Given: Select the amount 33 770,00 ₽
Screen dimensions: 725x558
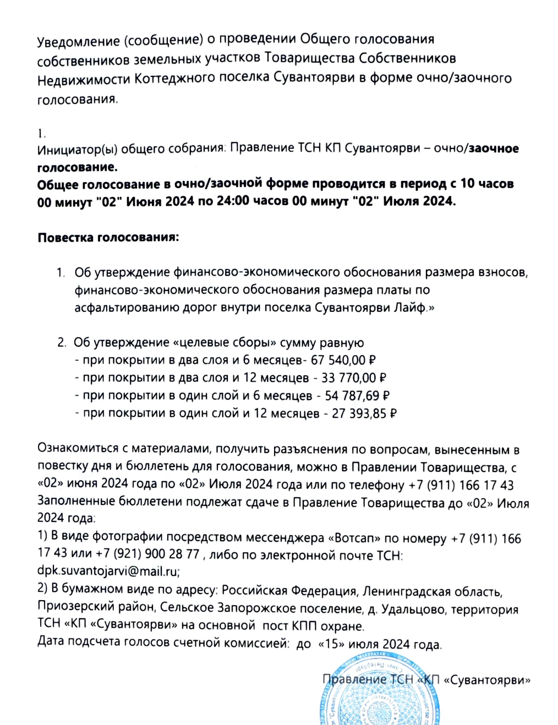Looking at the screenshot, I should tap(353, 378).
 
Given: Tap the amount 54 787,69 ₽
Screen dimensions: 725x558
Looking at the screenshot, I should tap(357, 396).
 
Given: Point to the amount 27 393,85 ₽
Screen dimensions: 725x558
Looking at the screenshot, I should tap(364, 413).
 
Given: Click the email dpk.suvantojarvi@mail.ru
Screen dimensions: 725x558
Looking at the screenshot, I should tap(108, 570).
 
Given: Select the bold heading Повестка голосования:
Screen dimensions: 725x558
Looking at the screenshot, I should tap(108, 238).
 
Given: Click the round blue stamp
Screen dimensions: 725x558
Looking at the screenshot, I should tap(379, 693).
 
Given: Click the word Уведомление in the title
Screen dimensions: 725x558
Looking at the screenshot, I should tap(78, 41).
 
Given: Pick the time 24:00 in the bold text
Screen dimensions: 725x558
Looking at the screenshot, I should tap(234, 201).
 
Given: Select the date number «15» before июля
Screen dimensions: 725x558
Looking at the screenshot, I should tap(331, 644).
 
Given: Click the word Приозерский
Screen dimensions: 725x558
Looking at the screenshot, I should tap(68, 606).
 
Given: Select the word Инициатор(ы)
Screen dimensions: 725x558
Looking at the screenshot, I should tap(77, 149).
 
